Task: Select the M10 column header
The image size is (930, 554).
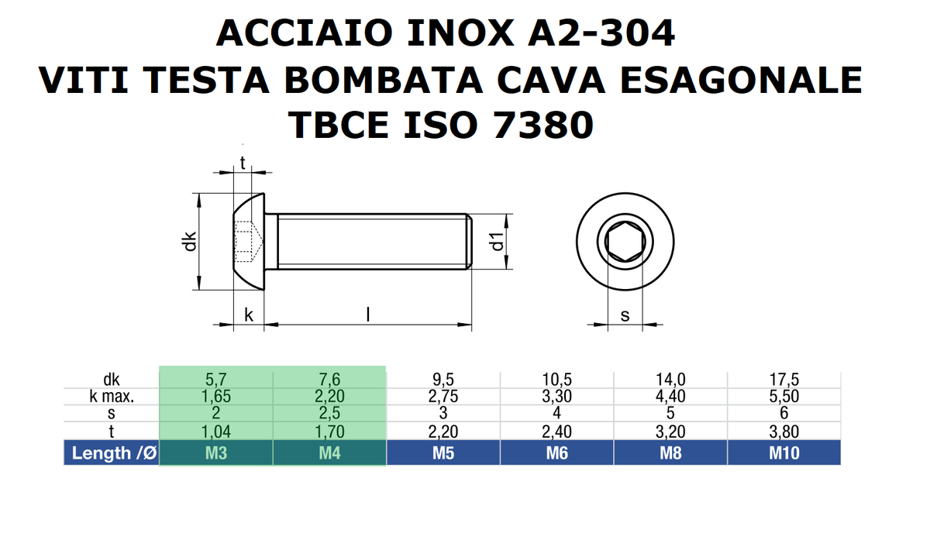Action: [x=784, y=453]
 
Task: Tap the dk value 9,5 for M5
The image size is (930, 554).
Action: [x=443, y=380]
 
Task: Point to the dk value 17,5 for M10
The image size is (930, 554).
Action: [x=784, y=380]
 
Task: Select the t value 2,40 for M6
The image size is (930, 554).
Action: [x=556, y=432]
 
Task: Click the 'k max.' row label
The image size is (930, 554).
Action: [x=112, y=397]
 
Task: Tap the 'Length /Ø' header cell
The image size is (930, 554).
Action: [x=112, y=453]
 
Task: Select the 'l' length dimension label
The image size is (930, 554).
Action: [x=368, y=315]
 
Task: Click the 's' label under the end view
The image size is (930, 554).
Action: [x=625, y=315]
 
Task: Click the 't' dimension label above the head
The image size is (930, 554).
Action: [x=243, y=163]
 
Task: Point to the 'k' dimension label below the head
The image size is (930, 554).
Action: [x=248, y=315]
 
